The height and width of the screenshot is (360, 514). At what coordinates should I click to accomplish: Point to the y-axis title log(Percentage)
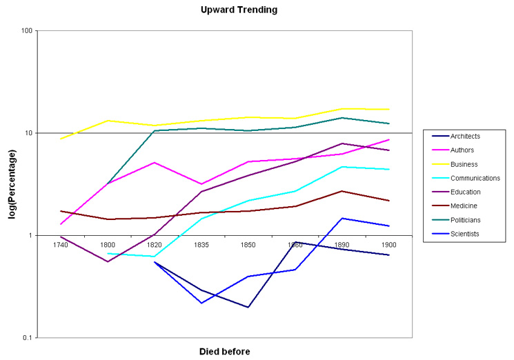[x=12, y=184]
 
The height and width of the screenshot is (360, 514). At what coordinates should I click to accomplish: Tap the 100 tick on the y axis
[x=28, y=31]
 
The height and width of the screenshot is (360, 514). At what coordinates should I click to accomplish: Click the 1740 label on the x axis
[x=61, y=244]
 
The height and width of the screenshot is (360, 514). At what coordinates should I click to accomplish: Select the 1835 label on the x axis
[x=201, y=244]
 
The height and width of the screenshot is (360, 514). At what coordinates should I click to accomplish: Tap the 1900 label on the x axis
[x=388, y=244]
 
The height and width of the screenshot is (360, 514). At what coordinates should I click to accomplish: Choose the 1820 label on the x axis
[x=155, y=244]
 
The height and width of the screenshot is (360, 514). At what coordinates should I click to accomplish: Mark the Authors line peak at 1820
[x=155, y=162]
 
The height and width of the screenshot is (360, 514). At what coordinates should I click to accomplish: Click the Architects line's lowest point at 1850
[x=248, y=307]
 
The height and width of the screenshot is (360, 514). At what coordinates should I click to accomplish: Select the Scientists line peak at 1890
[x=342, y=218]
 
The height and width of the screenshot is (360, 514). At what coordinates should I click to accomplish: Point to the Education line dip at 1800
[x=108, y=261]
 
